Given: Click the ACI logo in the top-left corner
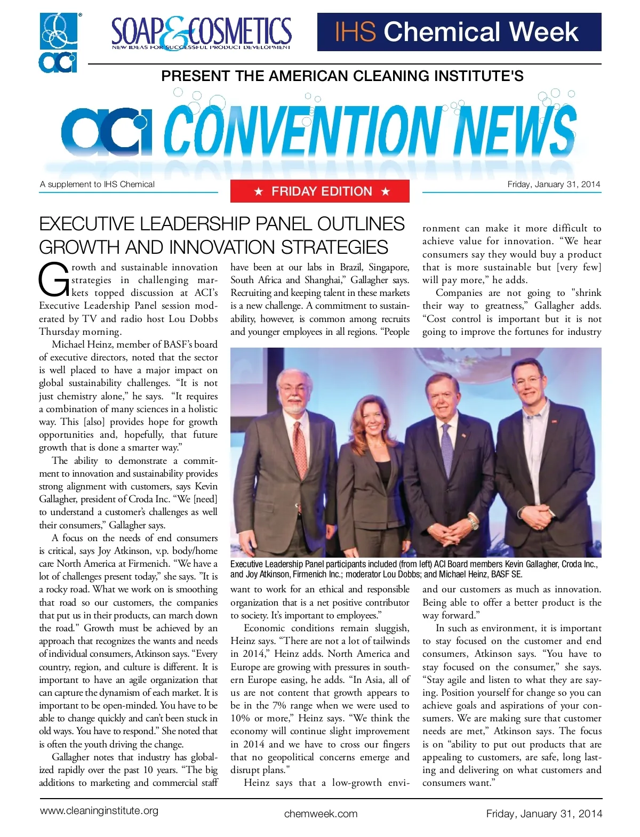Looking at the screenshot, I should tap(59, 43).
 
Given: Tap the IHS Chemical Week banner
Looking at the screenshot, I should tap(459, 32).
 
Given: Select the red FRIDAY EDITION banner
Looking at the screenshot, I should tap(320, 191).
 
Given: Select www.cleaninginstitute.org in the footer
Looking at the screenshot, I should tap(99, 810).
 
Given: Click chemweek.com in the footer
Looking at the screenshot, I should tap(321, 814).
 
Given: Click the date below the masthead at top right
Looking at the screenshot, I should tap(554, 184).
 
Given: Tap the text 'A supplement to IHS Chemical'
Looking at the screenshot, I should tap(97, 184).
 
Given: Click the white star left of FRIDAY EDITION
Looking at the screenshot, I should tap(259, 192).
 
